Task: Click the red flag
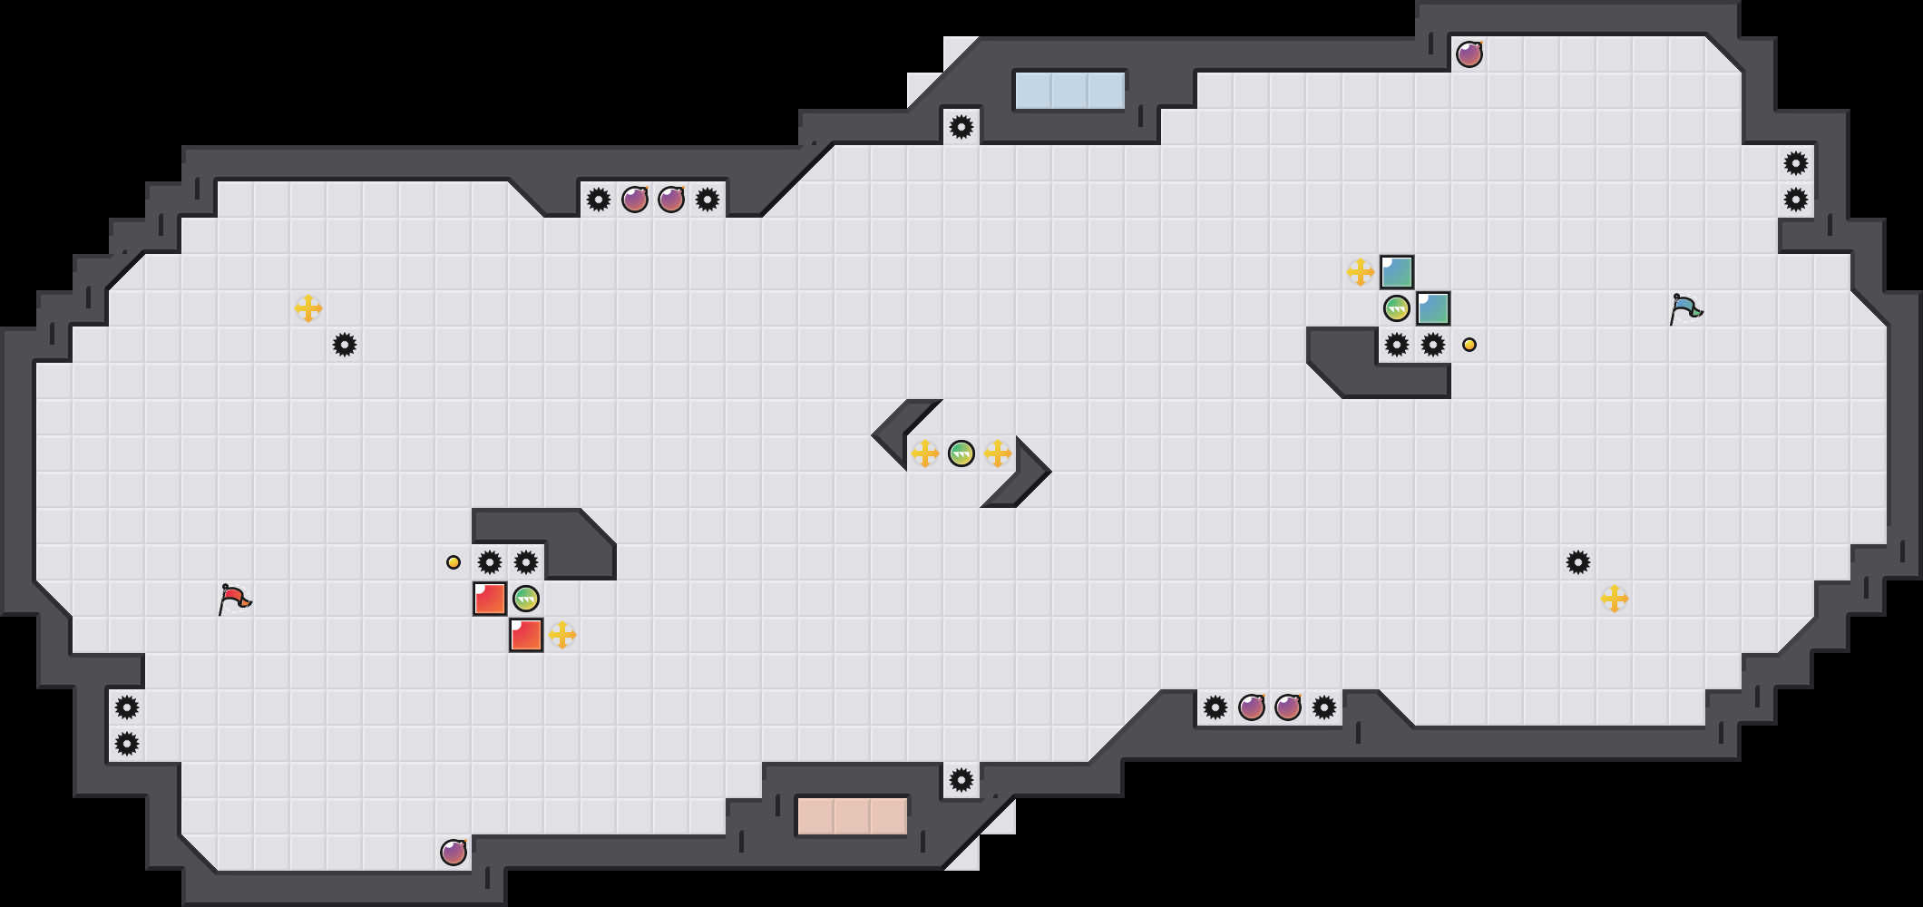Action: click(234, 599)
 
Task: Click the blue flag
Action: click(1685, 308)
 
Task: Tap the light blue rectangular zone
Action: click(1069, 91)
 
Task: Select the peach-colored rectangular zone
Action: click(852, 815)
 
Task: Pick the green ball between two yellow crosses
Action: click(961, 453)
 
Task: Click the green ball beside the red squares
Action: click(526, 599)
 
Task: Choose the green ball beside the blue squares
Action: click(1397, 308)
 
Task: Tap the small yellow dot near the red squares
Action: click(454, 562)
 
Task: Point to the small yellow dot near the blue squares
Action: click(1469, 345)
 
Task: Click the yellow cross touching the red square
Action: click(562, 635)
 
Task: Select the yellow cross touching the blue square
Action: click(1361, 272)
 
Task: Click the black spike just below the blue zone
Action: click(961, 127)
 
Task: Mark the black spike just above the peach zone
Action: click(961, 780)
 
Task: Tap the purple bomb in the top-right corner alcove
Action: click(1469, 54)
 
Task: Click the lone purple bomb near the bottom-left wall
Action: click(454, 853)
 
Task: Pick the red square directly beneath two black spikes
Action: click(490, 599)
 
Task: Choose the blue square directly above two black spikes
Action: click(1433, 308)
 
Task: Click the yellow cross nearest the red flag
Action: click(308, 308)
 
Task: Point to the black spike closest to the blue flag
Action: click(1796, 200)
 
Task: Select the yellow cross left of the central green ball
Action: click(925, 453)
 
